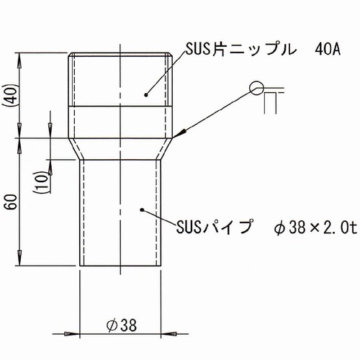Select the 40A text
328,50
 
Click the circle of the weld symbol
256,88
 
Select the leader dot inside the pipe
141,210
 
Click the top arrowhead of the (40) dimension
21,58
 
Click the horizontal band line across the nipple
121,107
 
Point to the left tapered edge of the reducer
76,150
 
